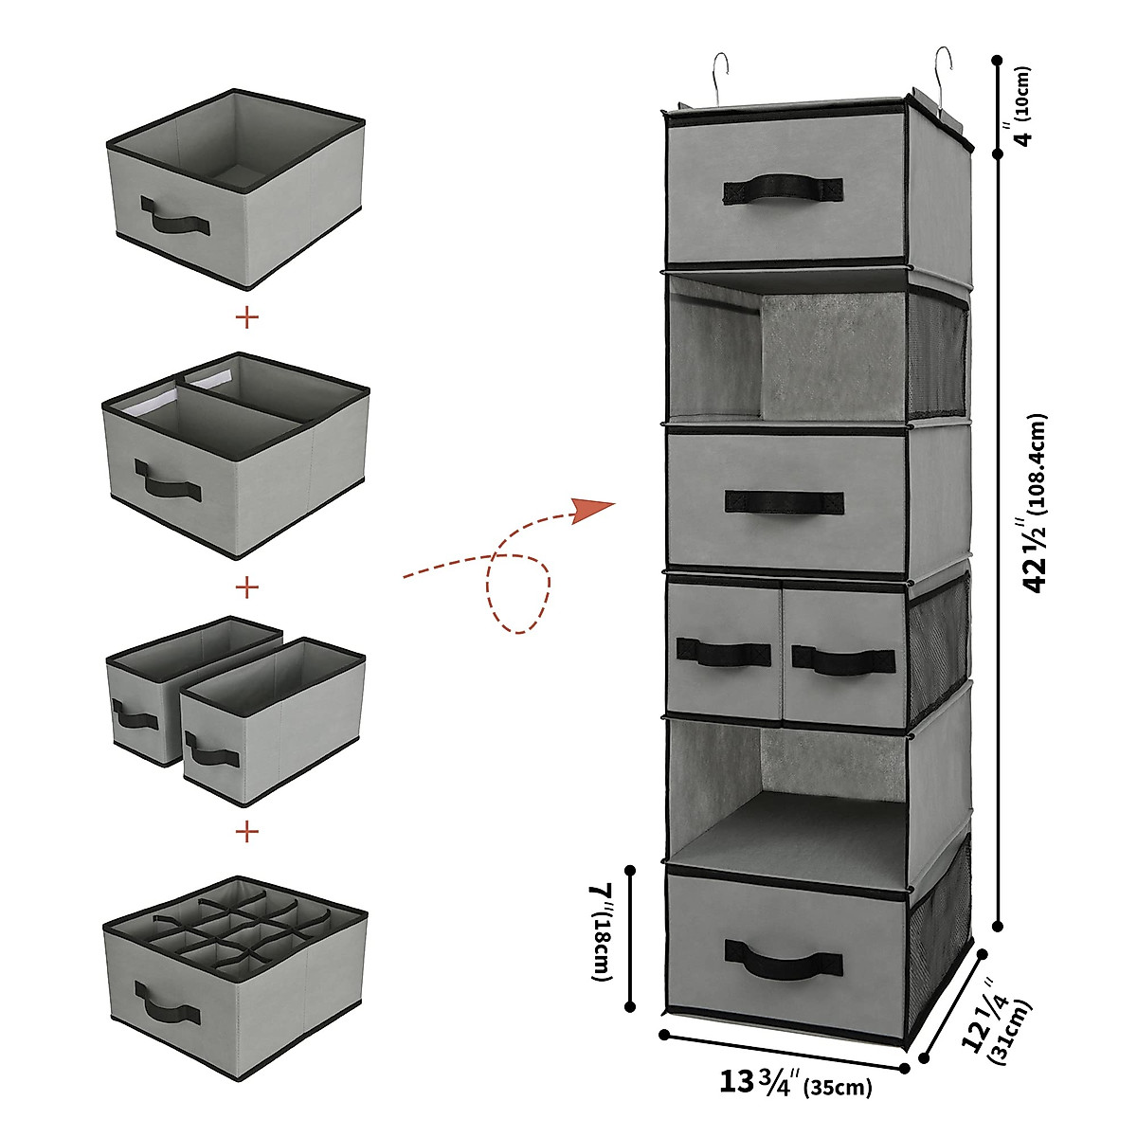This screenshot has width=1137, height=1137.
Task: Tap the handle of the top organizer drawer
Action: [x=783, y=189]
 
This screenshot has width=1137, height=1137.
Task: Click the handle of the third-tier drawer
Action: [x=784, y=501]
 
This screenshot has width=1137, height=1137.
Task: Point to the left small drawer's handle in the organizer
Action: [x=722, y=652]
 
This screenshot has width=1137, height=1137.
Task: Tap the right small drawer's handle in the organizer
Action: [x=842, y=658]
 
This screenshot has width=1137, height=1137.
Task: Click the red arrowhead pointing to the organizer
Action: [x=595, y=510]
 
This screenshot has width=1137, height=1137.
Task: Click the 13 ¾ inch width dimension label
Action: [x=796, y=1083]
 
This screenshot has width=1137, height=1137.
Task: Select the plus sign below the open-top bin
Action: [x=247, y=317]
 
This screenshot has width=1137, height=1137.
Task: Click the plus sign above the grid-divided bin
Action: [x=247, y=832]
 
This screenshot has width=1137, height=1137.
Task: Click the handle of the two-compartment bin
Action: [x=168, y=480]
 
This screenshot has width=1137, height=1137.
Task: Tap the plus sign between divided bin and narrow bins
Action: [x=247, y=587]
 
